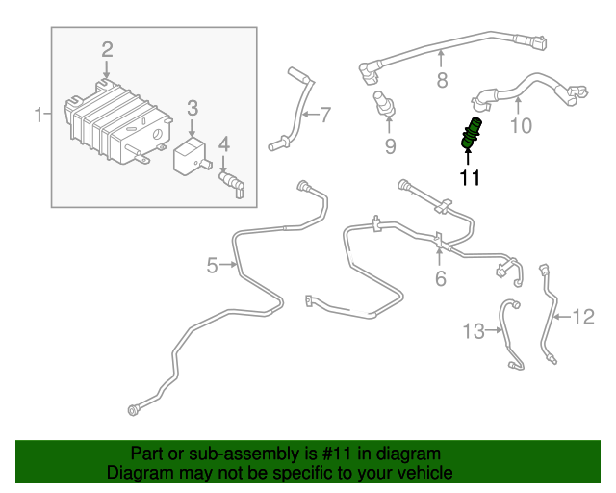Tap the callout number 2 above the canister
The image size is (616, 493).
click(107, 50)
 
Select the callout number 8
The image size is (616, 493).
click(443, 80)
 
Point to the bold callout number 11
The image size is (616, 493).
click(470, 177)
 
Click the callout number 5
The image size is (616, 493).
click(212, 266)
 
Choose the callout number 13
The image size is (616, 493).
click(475, 331)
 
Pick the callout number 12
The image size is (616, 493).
click(584, 317)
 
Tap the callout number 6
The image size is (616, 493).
click(441, 278)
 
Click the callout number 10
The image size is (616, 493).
click(521, 126)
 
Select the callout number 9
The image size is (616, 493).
click(390, 146)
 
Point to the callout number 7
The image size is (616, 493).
click(325, 116)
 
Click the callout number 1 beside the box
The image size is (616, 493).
click(38, 115)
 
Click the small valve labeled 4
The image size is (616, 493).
click(232, 184)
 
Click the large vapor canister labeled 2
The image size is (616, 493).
click(117, 121)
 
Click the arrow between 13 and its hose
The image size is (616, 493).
click(494, 330)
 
